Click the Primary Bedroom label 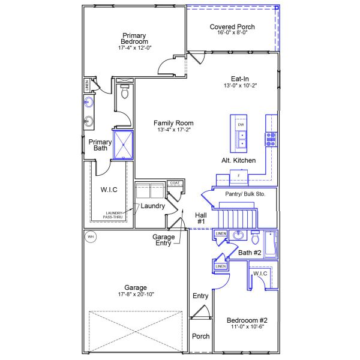coord(134,38)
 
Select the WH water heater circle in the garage coord(91,236)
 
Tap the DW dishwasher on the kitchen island coord(241,125)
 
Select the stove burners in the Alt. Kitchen coord(271,139)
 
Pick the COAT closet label coord(175,183)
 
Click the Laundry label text coord(152,206)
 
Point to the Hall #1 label coord(200,218)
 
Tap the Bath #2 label coord(250,253)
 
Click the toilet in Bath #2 coord(255,238)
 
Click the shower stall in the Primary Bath coord(125,144)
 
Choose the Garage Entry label coord(163,240)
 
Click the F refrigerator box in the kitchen coord(238,175)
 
